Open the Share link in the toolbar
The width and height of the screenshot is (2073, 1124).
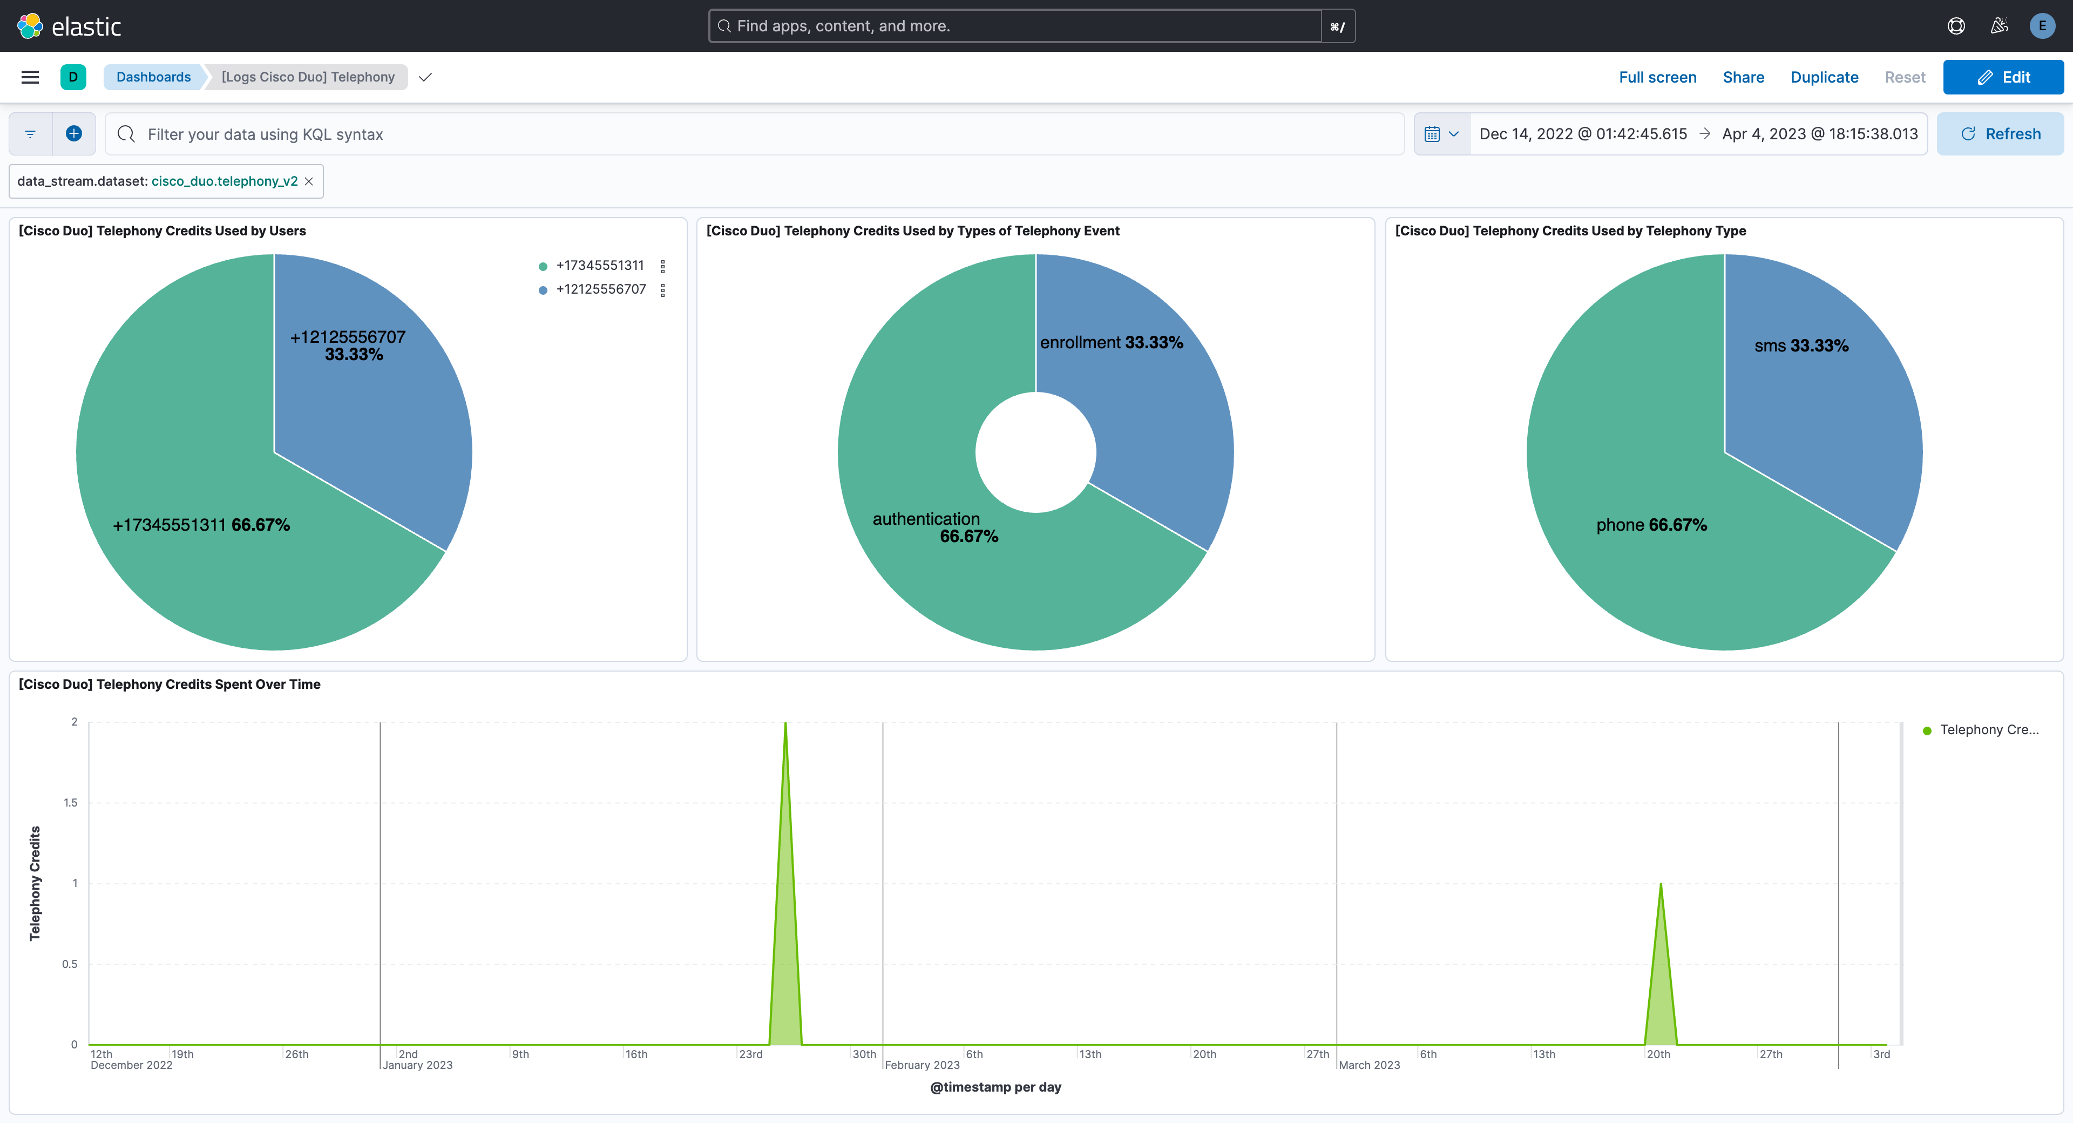[x=1743, y=77]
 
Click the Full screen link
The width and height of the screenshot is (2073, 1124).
[x=1657, y=77]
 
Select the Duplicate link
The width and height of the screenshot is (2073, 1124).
[x=1824, y=77]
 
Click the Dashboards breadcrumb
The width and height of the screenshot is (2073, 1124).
[x=153, y=77]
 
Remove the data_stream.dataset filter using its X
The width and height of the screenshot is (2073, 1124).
[x=309, y=181]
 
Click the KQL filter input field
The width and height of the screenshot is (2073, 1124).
[x=756, y=134]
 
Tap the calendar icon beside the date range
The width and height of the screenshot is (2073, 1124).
[x=1432, y=134]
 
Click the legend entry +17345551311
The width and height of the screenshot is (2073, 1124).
[x=600, y=266]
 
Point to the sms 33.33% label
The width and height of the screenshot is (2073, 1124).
[x=1801, y=346]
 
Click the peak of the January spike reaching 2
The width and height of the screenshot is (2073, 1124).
[x=785, y=724]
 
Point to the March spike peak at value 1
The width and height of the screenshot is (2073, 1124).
[x=1660, y=885]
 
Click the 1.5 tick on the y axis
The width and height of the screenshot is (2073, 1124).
[x=71, y=802]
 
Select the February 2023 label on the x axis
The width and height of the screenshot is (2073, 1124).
[x=922, y=1065]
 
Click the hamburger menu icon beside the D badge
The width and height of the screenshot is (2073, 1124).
[x=30, y=77]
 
